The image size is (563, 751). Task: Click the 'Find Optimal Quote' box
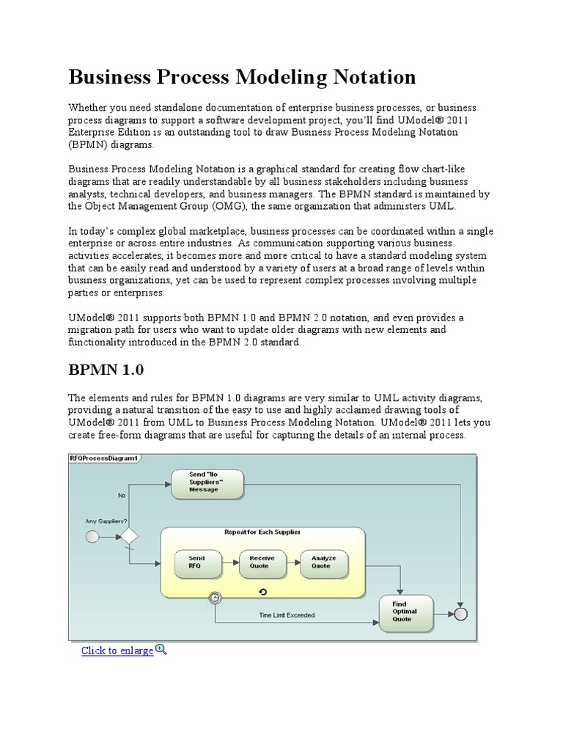[x=405, y=612]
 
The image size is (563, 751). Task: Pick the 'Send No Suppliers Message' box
[x=207, y=483]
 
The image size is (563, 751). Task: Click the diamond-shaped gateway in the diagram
[x=129, y=537]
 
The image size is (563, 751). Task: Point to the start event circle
[x=92, y=537]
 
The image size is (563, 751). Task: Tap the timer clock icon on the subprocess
[x=215, y=598]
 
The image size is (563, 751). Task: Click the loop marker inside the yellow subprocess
[x=263, y=591]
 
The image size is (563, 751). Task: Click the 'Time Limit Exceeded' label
[x=287, y=615]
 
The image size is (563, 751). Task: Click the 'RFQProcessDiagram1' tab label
[x=103, y=458]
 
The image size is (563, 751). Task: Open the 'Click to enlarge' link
[x=117, y=651]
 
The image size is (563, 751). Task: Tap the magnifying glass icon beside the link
[x=162, y=650]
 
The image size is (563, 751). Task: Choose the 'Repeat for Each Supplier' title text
[x=262, y=532]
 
